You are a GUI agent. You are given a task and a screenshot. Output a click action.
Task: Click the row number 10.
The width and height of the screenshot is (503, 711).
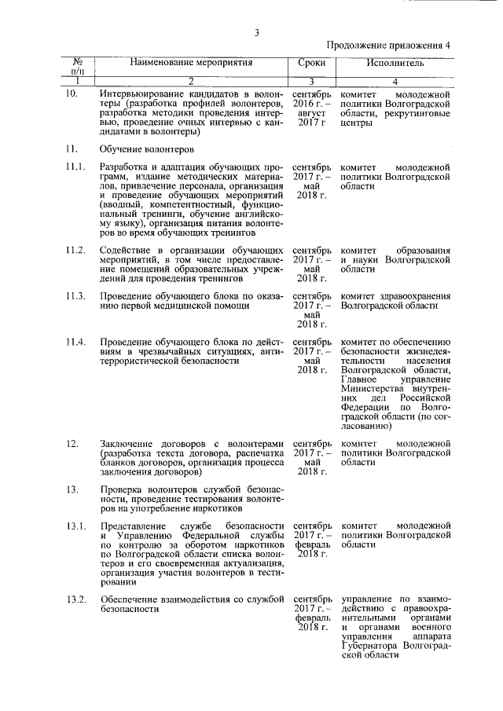pyautogui.click(x=72, y=94)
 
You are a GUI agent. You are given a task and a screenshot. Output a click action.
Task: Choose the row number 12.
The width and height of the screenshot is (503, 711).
pyautogui.click(x=72, y=444)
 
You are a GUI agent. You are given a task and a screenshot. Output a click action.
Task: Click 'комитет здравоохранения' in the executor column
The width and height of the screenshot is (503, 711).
pyautogui.click(x=395, y=295)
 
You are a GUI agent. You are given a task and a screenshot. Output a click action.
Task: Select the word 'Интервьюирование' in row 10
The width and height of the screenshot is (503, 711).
pyautogui.click(x=145, y=94)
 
